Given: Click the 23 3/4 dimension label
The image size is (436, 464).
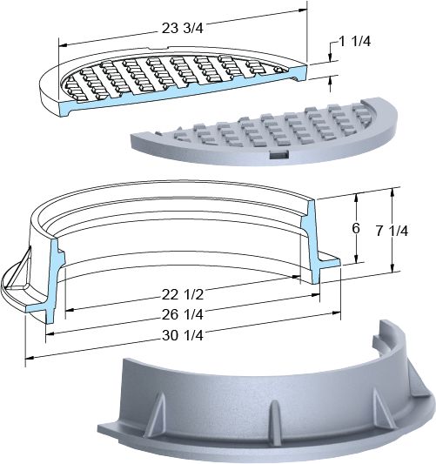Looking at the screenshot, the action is [x=183, y=28].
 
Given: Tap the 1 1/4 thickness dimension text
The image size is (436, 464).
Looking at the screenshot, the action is [x=354, y=42].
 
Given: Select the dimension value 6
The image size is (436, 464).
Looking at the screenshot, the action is [x=356, y=228].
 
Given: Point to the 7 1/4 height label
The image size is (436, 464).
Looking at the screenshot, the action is [x=392, y=231].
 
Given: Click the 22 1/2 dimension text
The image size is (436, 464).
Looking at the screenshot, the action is [x=183, y=294].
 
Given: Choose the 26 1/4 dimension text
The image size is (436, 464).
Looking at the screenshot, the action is [x=183, y=314].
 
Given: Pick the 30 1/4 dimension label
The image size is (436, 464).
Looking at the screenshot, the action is [x=183, y=335].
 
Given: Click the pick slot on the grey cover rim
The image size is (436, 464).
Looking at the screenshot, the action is [x=279, y=154].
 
